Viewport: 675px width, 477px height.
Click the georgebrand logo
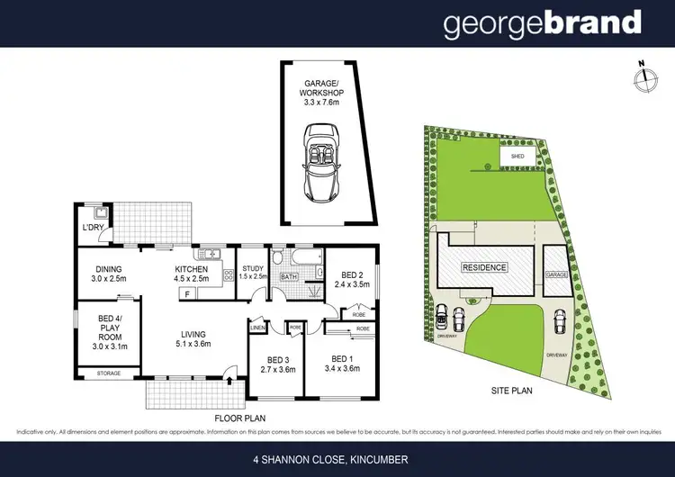tap(543, 24)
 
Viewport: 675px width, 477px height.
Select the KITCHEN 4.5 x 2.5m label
tap(190, 274)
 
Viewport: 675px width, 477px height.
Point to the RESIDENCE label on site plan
tap(484, 267)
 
